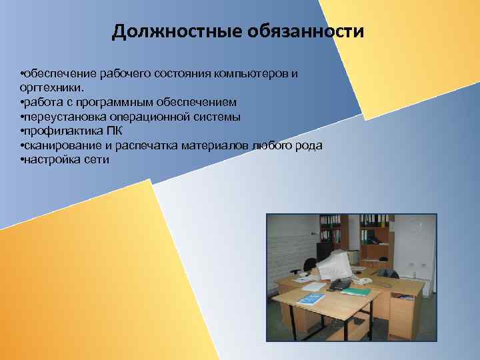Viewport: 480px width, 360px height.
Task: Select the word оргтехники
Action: [53, 87]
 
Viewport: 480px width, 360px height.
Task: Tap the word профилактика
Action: [58, 131]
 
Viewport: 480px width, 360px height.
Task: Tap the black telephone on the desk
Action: [339, 285]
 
